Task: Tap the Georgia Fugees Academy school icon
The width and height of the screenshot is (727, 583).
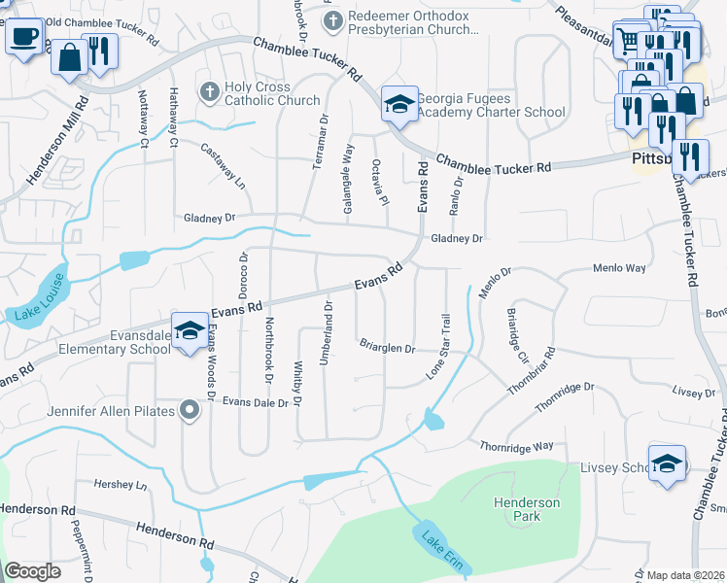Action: (x=398, y=103)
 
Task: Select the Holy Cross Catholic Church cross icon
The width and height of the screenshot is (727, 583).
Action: (x=209, y=91)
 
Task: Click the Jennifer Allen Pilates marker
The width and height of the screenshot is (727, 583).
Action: (x=190, y=411)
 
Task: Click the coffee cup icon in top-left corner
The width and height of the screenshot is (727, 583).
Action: (x=24, y=36)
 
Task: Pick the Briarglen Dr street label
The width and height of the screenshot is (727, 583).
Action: (x=387, y=346)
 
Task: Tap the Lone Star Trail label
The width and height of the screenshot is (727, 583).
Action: (x=439, y=346)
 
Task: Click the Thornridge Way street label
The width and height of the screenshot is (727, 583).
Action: (x=516, y=446)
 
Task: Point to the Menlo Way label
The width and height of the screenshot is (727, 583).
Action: (x=619, y=267)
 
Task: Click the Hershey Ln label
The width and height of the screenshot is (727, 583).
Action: (x=119, y=483)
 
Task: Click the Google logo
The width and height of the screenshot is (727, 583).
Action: (x=32, y=571)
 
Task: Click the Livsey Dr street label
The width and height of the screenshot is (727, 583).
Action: (x=693, y=393)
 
